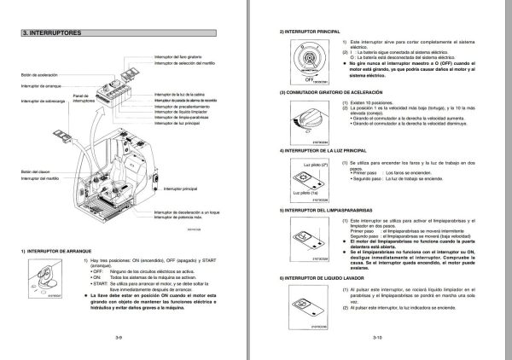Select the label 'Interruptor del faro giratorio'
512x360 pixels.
pyautogui.click(x=181, y=59)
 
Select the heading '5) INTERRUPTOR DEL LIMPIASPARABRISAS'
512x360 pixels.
pyautogui.click(x=333, y=209)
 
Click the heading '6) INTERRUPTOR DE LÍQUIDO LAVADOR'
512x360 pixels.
pyautogui.click(x=329, y=278)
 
